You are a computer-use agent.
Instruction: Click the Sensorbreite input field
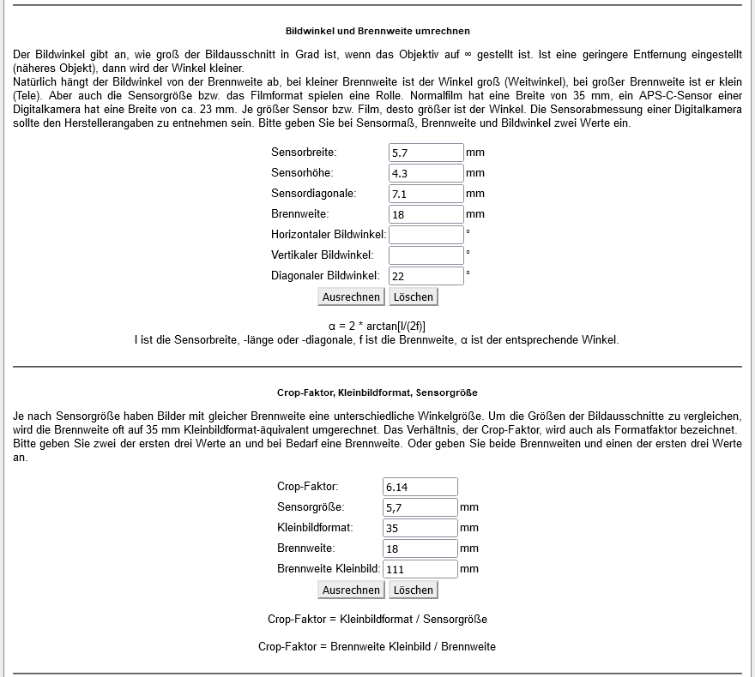[426, 153]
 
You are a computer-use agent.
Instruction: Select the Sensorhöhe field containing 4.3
[426, 173]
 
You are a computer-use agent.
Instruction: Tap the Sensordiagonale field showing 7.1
[426, 194]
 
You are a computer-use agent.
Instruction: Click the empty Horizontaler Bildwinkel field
[426, 235]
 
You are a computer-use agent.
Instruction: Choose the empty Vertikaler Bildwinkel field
[426, 255]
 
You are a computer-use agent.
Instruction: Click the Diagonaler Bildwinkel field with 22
[426, 276]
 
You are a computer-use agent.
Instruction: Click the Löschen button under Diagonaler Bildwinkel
[414, 297]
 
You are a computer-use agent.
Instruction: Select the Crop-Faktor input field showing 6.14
[420, 487]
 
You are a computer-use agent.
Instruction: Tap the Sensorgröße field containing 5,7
[420, 507]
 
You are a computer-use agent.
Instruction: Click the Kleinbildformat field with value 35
[420, 528]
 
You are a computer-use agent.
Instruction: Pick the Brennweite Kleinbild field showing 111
[420, 569]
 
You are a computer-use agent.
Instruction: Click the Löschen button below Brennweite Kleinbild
[414, 590]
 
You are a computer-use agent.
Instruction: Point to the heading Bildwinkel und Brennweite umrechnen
[377, 31]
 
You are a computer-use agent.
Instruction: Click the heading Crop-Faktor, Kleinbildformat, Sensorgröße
[377, 392]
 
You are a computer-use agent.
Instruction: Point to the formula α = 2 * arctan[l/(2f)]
[377, 326]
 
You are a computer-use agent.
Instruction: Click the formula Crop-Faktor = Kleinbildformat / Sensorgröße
[377, 619]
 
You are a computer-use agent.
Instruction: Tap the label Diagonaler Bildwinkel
[325, 276]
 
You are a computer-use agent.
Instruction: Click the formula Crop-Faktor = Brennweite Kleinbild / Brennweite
[377, 646]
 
